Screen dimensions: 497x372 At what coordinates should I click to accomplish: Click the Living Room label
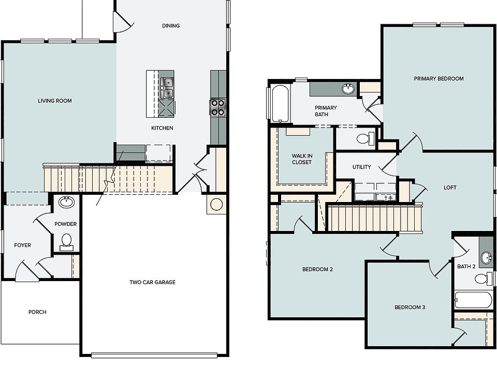click(x=55, y=101)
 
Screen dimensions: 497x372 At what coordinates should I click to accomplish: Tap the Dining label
click(x=171, y=26)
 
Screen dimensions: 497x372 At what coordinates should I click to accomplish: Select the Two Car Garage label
click(x=152, y=282)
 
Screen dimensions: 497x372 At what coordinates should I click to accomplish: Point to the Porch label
click(x=37, y=312)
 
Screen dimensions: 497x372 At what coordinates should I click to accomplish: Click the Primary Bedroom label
click(x=438, y=79)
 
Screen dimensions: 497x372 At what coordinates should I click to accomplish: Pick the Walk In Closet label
click(x=302, y=159)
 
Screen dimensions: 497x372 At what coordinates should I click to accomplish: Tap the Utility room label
click(x=362, y=167)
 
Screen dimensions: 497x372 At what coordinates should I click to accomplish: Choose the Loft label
click(x=450, y=188)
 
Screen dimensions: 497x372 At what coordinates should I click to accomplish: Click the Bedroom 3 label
click(x=410, y=307)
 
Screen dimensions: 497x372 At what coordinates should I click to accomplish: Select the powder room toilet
click(x=66, y=242)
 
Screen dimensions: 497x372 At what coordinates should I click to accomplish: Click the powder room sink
click(x=67, y=202)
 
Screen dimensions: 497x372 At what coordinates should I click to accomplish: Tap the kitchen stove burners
click(x=218, y=107)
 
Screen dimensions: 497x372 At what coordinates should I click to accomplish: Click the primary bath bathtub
click(x=280, y=103)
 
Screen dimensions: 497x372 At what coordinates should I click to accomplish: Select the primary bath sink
click(x=348, y=88)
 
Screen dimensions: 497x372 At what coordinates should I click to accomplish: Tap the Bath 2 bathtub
click(x=473, y=300)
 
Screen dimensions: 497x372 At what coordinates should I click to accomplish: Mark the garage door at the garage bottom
click(x=154, y=355)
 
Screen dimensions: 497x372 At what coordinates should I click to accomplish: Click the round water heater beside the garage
click(x=216, y=205)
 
